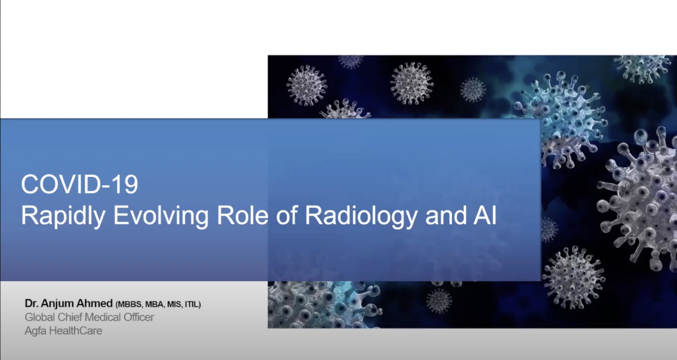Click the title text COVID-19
click(80, 184)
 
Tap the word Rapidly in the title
click(63, 216)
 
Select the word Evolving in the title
click(161, 216)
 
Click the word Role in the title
click(242, 215)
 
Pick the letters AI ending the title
click(485, 215)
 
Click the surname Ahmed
click(94, 303)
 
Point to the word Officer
click(139, 317)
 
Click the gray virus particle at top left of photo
click(307, 85)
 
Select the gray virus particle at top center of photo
click(411, 83)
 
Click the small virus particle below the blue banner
click(439, 300)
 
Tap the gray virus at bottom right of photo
click(574, 278)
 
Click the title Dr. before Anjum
click(32, 303)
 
